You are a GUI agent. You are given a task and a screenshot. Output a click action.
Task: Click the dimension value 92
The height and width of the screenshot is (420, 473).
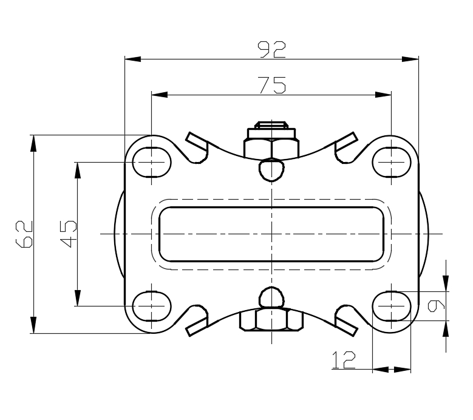coord(271,49)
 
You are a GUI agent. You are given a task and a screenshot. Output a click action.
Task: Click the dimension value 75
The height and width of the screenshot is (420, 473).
coord(271,85)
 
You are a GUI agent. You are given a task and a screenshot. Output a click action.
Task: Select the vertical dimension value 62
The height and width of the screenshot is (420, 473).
coord(24,234)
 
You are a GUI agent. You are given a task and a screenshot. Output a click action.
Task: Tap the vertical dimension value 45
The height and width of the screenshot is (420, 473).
coord(68,234)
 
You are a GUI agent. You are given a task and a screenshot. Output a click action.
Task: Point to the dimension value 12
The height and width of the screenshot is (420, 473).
coord(344,360)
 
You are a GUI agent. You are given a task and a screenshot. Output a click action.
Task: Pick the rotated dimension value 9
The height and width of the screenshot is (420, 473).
coord(436,306)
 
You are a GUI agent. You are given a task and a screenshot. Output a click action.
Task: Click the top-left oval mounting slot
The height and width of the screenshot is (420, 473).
coord(152,162)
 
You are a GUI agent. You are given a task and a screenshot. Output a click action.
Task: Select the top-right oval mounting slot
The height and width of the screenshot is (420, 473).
coord(392,162)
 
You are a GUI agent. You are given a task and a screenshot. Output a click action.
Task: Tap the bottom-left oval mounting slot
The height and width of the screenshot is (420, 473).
coord(152,306)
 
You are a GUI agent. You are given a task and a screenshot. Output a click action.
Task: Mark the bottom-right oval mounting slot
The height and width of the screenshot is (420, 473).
coord(392,306)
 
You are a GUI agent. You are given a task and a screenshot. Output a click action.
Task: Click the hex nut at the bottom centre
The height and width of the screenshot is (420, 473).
coord(271,320)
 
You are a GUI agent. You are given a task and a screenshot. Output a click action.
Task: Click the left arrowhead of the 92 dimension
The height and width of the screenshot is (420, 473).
coord(133,59)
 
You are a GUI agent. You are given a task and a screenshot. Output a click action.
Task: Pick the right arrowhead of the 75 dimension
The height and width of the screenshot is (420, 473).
coord(383,95)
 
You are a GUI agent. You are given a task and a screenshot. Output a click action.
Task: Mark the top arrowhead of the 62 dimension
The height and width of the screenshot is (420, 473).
coord(33,143)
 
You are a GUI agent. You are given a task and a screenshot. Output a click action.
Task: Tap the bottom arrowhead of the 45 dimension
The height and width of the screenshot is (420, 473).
coord(78,298)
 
